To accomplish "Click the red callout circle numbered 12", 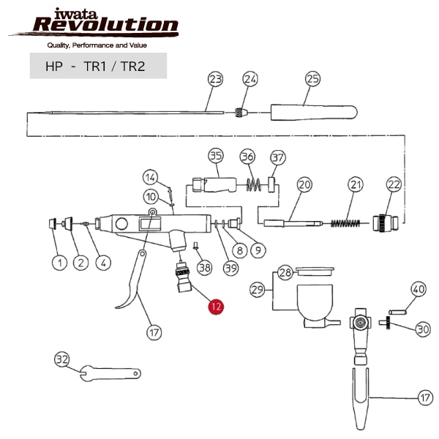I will click(215, 307).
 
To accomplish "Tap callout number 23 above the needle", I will click(215, 79).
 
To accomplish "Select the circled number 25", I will click(313, 79).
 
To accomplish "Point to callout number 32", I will click(62, 359).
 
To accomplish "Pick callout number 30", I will click(423, 329).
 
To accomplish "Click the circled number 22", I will click(394, 185).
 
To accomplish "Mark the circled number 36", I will click(247, 157).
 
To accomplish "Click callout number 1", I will click(56, 261).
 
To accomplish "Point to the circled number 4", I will click(103, 261).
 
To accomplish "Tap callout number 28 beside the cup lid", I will click(285, 273).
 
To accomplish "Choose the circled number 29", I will click(258, 290).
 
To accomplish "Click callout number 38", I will click(204, 267).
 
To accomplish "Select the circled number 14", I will click(149, 177).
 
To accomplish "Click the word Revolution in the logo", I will click(105, 26).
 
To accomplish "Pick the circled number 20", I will click(304, 185).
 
